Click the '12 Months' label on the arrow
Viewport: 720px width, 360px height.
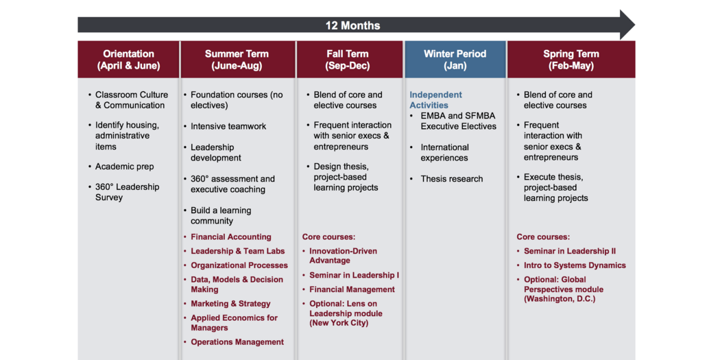click(x=352, y=25)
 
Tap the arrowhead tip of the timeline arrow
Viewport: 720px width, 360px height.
click(x=635, y=25)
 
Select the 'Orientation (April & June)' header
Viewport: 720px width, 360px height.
click(x=129, y=60)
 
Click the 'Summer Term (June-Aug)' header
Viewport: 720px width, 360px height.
click(x=237, y=60)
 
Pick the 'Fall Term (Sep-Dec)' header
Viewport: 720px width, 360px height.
click(x=348, y=60)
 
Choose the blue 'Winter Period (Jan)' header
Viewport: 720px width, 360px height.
click(x=455, y=60)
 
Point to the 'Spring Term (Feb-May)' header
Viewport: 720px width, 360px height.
click(x=571, y=60)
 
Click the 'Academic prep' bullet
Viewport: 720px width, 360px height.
click(x=124, y=167)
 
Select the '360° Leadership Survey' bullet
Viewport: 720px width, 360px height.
click(x=127, y=193)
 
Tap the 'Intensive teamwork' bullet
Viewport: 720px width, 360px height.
click(x=228, y=126)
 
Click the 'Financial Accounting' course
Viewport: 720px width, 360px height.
click(x=231, y=237)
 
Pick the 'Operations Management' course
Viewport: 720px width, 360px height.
click(x=237, y=342)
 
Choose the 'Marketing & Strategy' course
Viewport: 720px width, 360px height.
click(x=230, y=304)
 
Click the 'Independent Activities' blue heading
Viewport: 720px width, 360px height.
click(x=435, y=100)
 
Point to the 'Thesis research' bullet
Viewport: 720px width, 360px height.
click(x=452, y=179)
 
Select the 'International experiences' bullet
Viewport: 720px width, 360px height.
click(x=444, y=152)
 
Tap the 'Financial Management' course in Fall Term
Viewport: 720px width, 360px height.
click(x=352, y=289)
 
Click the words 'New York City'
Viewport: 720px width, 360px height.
click(x=339, y=323)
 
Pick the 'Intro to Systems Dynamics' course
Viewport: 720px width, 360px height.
click(x=575, y=265)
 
